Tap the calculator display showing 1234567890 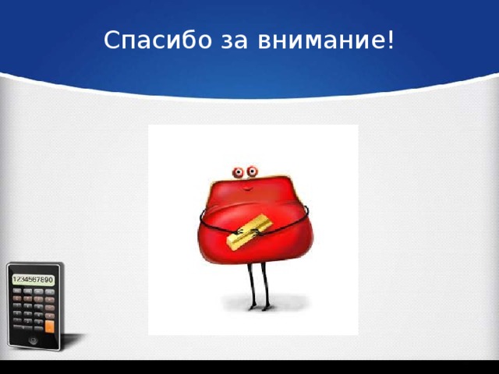(33, 279)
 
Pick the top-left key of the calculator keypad (16, 292)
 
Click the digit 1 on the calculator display (15, 279)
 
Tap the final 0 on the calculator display (51, 279)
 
